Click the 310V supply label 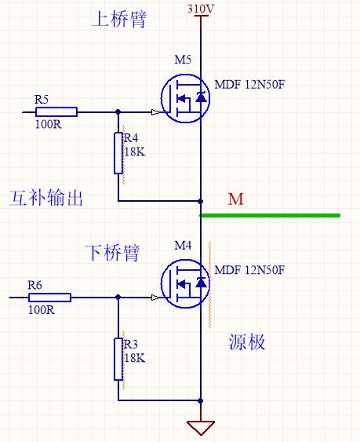click(201, 9)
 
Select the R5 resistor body click(56, 112)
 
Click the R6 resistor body click(49, 298)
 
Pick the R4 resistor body click(118, 153)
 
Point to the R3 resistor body click(118, 359)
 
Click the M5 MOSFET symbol click(185, 98)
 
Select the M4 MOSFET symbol click(185, 283)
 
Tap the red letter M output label click(235, 199)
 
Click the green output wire click(270, 216)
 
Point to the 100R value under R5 click(48, 124)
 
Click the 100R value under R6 click(42, 310)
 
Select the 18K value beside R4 click(135, 152)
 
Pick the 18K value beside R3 click(135, 358)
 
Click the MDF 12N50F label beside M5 click(249, 84)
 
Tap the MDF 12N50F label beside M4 click(249, 270)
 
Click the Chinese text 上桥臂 click(119, 19)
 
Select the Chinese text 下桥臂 click(112, 253)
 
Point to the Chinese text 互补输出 click(46, 198)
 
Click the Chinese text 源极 click(247, 342)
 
